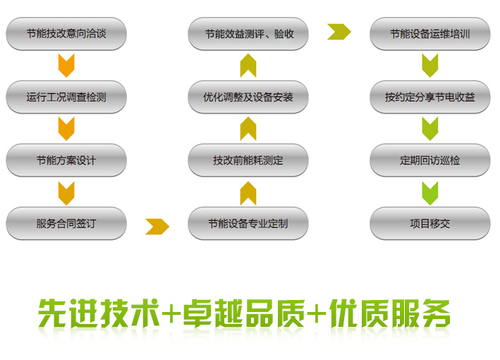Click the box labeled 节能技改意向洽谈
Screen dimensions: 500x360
66,34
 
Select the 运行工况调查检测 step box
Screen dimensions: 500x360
66,97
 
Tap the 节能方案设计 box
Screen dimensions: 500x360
66,160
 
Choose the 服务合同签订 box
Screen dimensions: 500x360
66,223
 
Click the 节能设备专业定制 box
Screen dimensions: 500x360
248,223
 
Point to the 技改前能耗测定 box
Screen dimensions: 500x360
248,160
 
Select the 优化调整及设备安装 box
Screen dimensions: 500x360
248,97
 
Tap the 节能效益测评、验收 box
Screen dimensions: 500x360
248,34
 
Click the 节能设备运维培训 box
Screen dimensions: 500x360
430,34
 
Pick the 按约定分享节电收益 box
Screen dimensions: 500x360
430,97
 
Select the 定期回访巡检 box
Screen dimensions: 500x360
430,160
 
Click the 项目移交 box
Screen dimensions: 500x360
430,223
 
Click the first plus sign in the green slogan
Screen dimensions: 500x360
171,313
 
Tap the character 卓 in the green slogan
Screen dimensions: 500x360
197,313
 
